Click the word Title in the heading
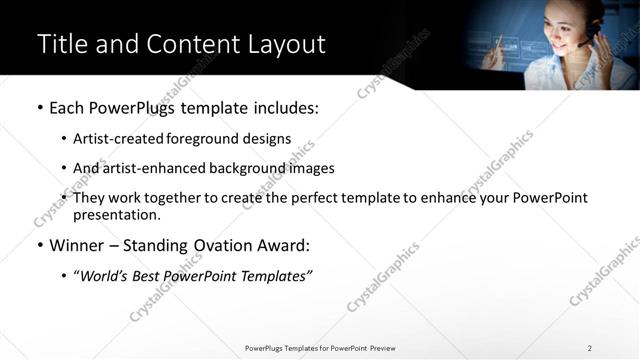coord(63,44)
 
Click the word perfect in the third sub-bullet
coord(316,198)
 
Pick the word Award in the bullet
coord(284,246)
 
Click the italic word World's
coord(103,276)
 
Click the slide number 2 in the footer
coord(590,348)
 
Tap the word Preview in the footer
coord(380,348)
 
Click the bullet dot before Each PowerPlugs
coord(39,107)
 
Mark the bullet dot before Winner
coord(39,246)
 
